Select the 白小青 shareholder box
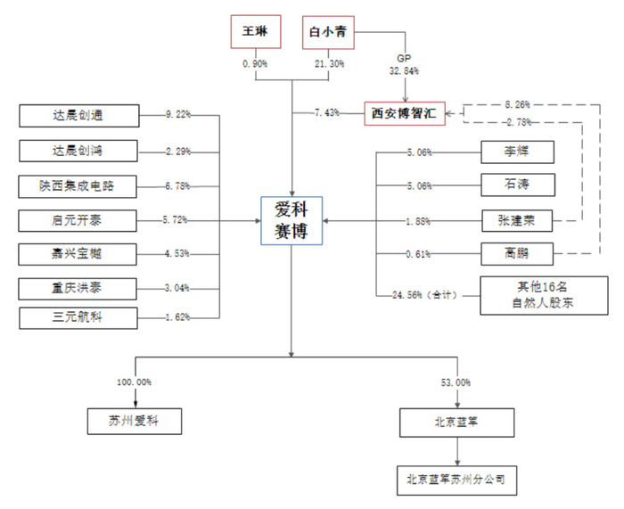tap(328, 32)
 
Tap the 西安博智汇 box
tap(406, 113)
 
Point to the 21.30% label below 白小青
tap(328, 63)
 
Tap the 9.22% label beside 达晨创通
tap(178, 114)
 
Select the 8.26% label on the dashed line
tap(517, 103)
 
